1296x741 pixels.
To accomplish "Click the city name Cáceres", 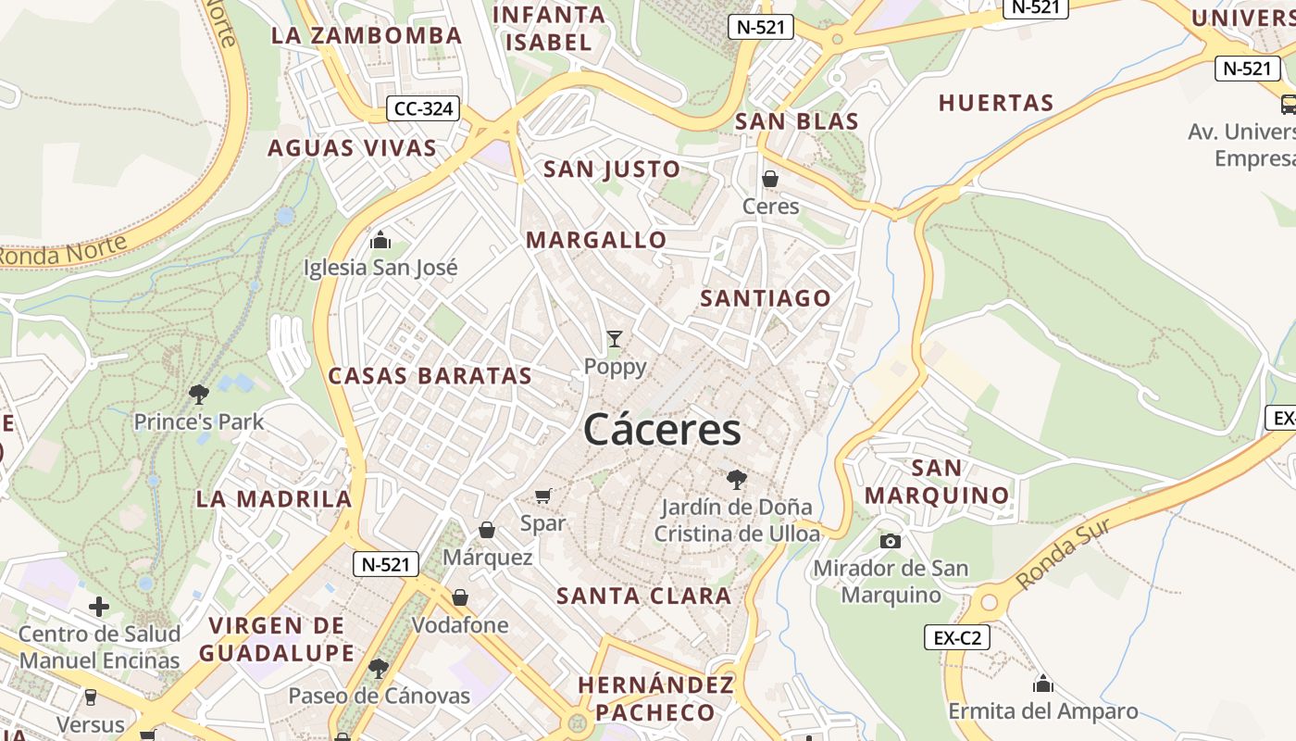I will (x=662, y=431).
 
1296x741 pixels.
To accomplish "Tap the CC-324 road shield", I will (x=423, y=109).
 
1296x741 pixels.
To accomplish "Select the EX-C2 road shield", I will (x=957, y=637).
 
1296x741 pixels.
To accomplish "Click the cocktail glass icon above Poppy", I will (x=615, y=339).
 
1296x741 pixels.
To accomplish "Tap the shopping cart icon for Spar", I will (x=543, y=496).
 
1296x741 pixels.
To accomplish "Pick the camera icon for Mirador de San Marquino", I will (x=891, y=541).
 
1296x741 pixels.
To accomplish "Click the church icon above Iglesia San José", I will (x=380, y=241).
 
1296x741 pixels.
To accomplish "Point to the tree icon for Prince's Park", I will (x=198, y=395).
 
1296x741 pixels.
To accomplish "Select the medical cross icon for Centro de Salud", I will (x=99, y=607).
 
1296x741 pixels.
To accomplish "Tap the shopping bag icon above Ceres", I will (x=770, y=179).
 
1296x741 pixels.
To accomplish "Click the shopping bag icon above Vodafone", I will (x=460, y=597).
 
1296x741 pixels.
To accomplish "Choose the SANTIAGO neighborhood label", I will (x=766, y=298).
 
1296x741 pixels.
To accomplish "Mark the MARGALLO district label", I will (x=596, y=240).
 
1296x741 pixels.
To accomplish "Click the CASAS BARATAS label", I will (x=430, y=375).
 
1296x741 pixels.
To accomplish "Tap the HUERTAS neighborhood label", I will (x=996, y=103).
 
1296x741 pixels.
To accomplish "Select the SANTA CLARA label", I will (x=644, y=596).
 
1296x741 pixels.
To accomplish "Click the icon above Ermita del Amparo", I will (x=1043, y=684).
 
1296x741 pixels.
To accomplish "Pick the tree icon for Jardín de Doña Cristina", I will (x=737, y=479).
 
